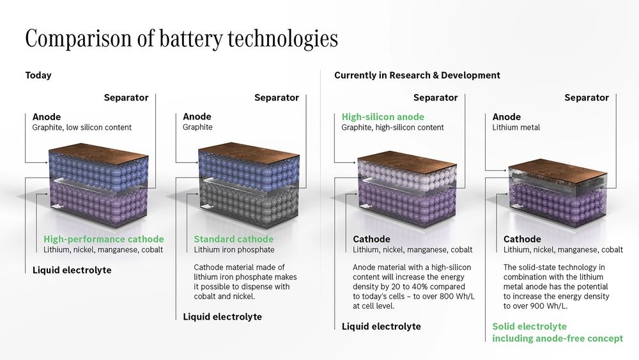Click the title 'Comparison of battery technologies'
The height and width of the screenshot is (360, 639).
(181, 39)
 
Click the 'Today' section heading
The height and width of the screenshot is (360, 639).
(38, 75)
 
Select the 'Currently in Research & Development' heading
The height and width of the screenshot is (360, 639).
(417, 75)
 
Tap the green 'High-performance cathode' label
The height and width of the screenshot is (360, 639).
(104, 239)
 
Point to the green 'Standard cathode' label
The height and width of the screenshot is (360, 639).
(233, 239)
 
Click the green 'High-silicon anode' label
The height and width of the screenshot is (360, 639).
(383, 117)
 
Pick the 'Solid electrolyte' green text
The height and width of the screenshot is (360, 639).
(529, 327)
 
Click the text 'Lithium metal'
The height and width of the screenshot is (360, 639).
(516, 128)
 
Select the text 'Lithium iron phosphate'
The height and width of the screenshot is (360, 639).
(234, 249)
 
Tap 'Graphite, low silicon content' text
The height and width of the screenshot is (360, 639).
(82, 128)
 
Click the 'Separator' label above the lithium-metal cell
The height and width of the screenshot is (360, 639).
(587, 98)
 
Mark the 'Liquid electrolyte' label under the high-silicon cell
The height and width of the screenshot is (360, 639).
(381, 327)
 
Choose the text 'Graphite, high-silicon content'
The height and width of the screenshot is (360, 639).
(392, 128)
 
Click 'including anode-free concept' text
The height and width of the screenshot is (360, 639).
(557, 338)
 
